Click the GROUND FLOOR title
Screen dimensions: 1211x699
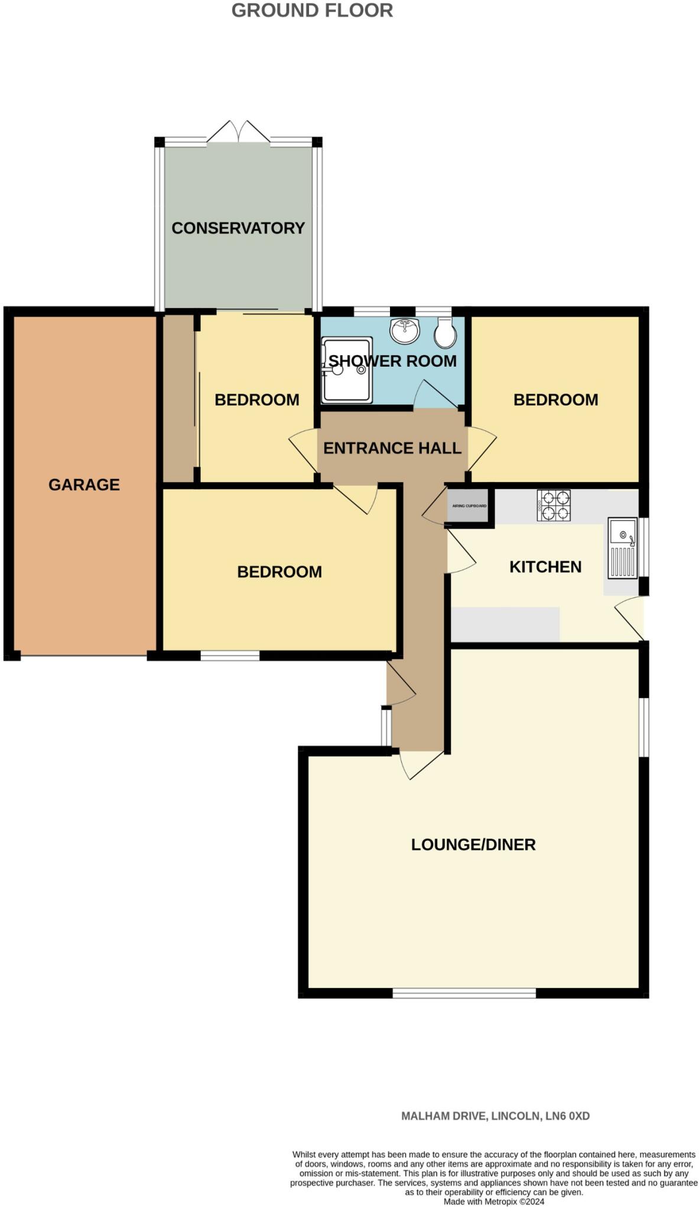(312, 11)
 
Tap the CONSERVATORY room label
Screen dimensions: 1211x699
(238, 228)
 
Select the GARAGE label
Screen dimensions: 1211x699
(84, 485)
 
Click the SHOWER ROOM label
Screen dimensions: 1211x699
(392, 361)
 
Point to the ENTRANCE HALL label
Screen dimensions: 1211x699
(392, 448)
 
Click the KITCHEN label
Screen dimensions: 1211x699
(545, 567)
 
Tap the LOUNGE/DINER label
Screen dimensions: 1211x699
(473, 844)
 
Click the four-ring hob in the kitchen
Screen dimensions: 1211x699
(554, 506)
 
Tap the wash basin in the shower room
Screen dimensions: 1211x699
(405, 330)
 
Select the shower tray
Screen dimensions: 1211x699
(347, 370)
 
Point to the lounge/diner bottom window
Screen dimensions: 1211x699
(464, 993)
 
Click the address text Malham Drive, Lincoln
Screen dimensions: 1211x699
(495, 1116)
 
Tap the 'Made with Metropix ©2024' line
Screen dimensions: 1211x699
(494, 1202)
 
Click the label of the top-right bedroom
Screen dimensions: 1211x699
(555, 400)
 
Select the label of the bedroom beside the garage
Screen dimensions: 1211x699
(279, 572)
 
